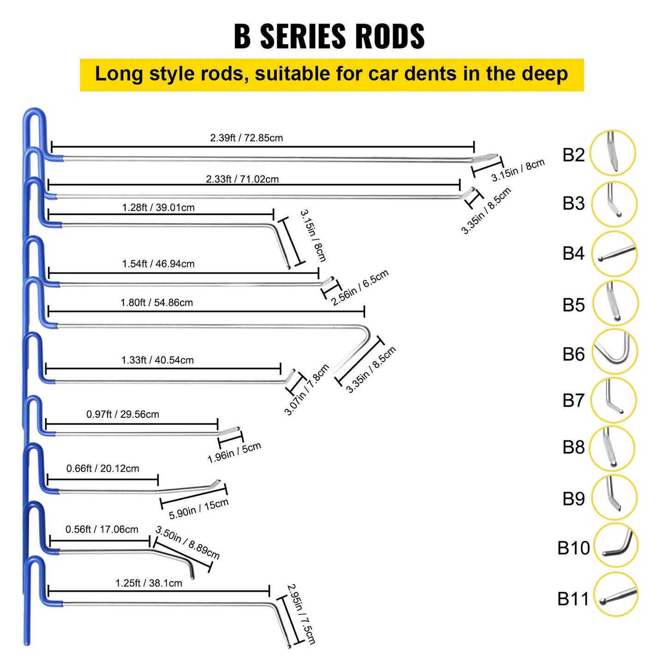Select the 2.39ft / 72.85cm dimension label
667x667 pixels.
click(x=246, y=138)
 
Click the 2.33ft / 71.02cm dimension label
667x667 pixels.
click(x=242, y=179)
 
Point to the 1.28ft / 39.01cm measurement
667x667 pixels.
click(x=158, y=208)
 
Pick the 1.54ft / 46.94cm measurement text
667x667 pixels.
click(x=158, y=264)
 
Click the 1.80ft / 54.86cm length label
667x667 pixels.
click(x=156, y=303)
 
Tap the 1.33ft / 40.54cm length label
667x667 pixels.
click(x=157, y=360)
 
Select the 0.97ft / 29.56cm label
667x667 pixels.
click(x=123, y=415)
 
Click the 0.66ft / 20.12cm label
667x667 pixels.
click(x=102, y=469)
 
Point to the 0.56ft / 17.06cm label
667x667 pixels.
click(x=102, y=529)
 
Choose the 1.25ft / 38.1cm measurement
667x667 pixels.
click(x=149, y=583)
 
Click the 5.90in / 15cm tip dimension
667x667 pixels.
click(x=198, y=509)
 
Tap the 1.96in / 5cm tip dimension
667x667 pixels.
click(x=234, y=452)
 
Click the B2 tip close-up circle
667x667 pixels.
click(x=613, y=153)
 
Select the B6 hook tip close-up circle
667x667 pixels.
click(x=614, y=351)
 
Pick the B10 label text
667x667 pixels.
click(x=573, y=548)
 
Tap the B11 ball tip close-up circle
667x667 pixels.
click(x=615, y=595)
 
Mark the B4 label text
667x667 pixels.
click(x=573, y=253)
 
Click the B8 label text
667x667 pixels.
click(x=573, y=447)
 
